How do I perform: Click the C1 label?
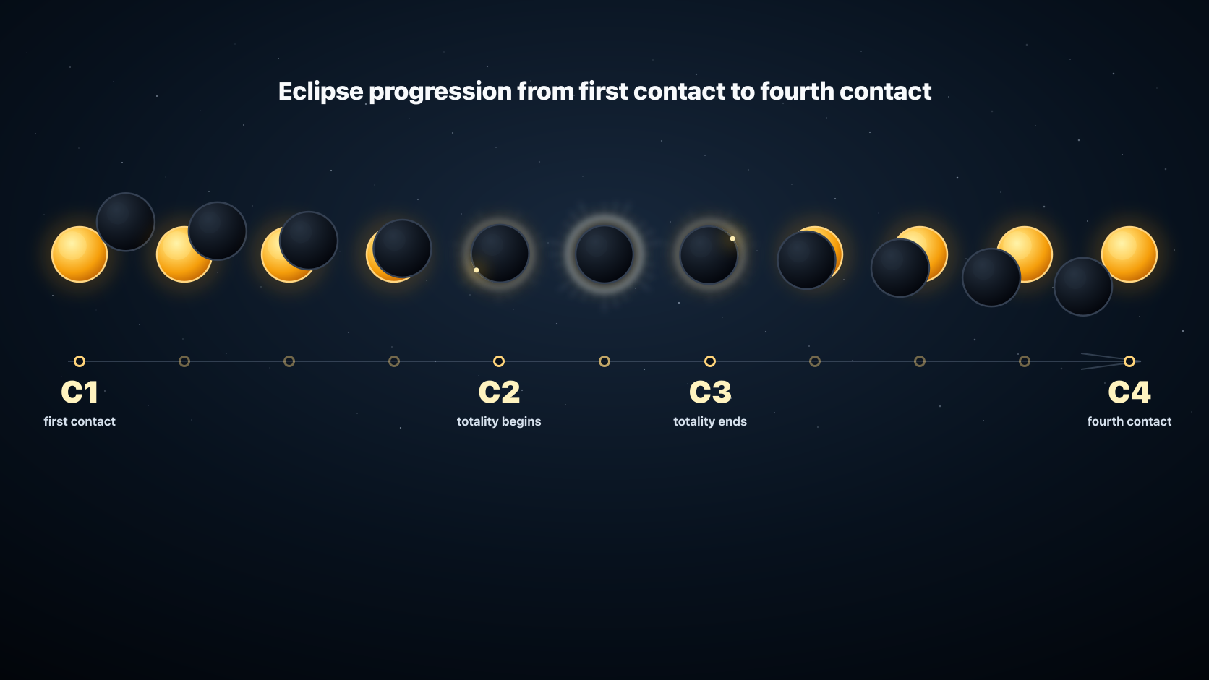[80, 392]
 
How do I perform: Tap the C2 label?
[499, 392]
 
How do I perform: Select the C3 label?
[710, 392]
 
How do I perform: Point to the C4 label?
[1129, 392]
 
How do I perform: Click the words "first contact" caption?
[80, 421]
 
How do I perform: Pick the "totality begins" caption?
[499, 421]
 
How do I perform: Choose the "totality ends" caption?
[710, 421]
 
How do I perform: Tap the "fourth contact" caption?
[1129, 421]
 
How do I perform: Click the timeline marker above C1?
[80, 361]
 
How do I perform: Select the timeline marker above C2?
[499, 361]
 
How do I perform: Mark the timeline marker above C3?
[710, 361]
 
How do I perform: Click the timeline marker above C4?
[1129, 361]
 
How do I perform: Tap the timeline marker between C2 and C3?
[604, 361]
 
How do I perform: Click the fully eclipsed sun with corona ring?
[604, 254]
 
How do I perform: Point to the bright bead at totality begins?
[477, 270]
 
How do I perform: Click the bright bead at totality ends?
[732, 238]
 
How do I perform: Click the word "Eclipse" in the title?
[320, 92]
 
